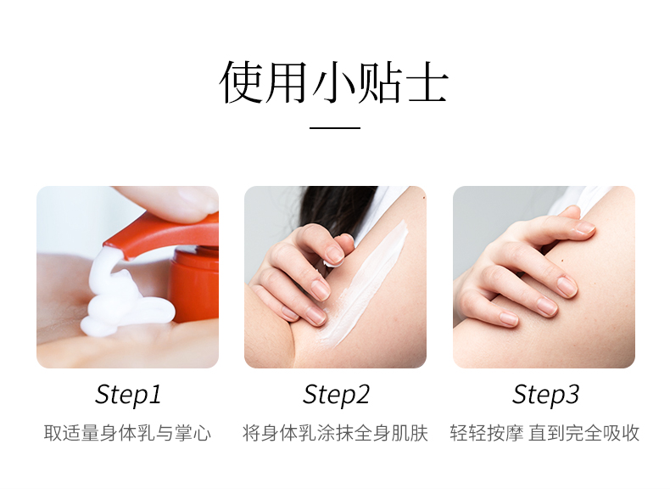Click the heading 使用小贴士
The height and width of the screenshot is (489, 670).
click(x=334, y=82)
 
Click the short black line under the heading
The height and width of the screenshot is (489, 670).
click(x=334, y=127)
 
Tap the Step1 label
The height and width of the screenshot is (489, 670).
click(x=128, y=395)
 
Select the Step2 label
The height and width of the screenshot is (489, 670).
click(x=336, y=395)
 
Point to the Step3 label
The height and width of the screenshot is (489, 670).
click(x=545, y=395)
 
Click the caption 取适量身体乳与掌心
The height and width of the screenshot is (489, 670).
click(x=127, y=433)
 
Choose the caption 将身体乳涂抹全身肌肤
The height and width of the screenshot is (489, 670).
click(x=336, y=433)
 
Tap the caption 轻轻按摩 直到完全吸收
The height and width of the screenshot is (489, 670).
click(x=544, y=433)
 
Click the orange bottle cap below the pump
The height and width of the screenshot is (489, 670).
click(x=194, y=284)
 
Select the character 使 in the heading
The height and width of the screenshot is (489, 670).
click(x=242, y=82)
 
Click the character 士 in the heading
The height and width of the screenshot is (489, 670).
click(x=427, y=82)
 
